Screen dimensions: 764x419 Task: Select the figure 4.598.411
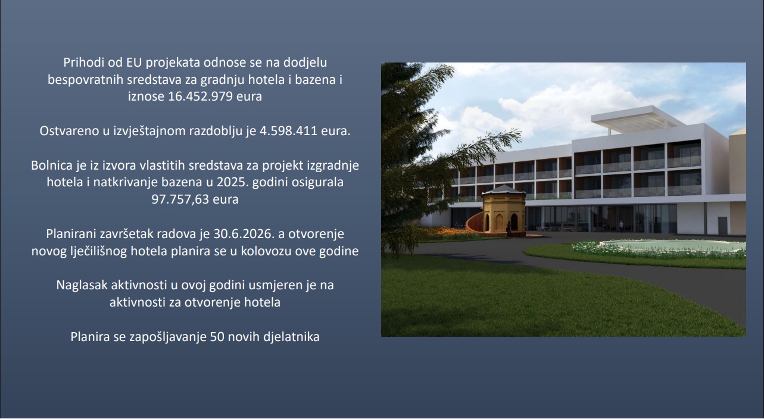point(289,131)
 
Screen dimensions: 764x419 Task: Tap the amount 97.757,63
point(180,199)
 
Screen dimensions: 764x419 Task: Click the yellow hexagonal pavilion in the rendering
point(503,211)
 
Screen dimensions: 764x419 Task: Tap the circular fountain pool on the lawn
point(672,246)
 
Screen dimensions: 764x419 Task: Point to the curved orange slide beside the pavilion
point(475,224)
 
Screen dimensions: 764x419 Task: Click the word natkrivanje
point(126,182)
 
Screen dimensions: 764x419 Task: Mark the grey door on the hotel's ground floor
point(722,226)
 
